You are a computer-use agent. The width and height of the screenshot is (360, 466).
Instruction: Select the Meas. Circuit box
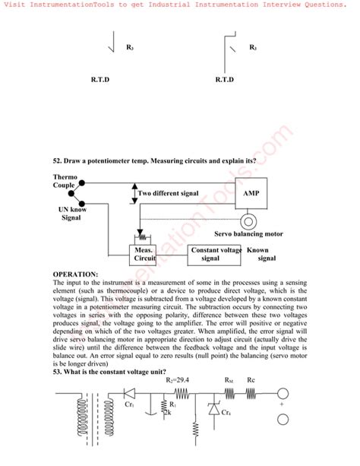click(145, 254)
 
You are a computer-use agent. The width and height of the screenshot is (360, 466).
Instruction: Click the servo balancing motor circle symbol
click(248, 222)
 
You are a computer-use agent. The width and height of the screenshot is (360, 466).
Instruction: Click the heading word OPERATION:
click(75, 274)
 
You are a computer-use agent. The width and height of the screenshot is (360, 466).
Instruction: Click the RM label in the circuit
click(229, 380)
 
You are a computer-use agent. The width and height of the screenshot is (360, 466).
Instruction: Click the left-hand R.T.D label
click(100, 79)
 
